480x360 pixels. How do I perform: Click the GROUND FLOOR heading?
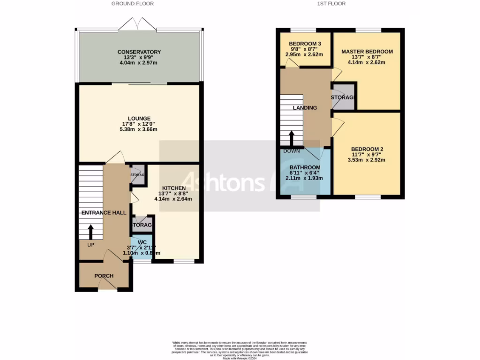tap(132, 4)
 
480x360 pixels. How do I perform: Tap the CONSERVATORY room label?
tap(139, 52)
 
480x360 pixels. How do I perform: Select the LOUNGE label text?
tap(139, 119)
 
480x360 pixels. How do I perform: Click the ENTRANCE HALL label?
tap(104, 213)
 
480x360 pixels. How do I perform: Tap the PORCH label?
tap(104, 276)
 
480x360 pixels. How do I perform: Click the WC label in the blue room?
tap(142, 242)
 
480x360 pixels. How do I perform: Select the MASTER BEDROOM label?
tap(367, 52)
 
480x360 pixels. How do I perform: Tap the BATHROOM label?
tap(305, 167)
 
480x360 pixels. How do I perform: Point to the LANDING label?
tap(305, 108)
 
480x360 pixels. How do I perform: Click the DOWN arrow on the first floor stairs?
tap(291, 138)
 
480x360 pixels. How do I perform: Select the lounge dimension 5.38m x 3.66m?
tap(139, 130)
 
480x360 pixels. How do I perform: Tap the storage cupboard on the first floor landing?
tap(343, 97)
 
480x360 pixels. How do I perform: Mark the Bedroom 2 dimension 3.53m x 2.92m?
tap(366, 160)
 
